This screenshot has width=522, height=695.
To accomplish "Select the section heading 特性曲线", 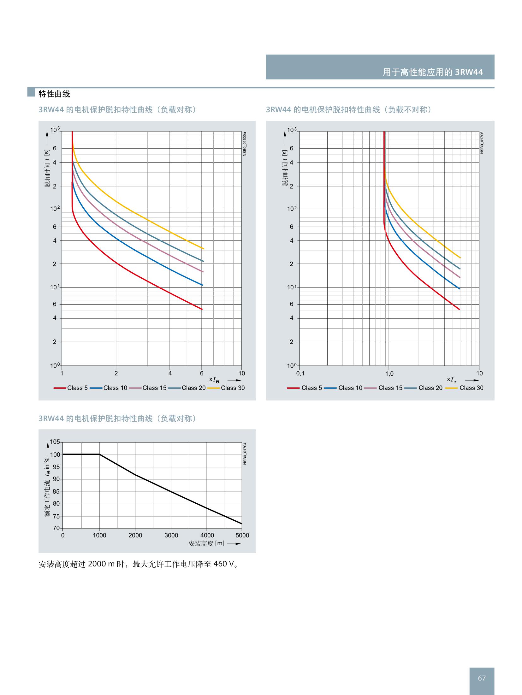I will (x=54, y=94).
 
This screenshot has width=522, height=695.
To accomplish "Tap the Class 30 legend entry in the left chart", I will (x=233, y=388).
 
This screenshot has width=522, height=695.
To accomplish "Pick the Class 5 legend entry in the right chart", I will (x=311, y=388).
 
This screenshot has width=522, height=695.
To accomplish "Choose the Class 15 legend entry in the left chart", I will (x=154, y=388).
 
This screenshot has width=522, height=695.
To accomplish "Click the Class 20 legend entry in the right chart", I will (x=430, y=388).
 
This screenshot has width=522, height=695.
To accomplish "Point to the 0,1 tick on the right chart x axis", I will (x=300, y=374).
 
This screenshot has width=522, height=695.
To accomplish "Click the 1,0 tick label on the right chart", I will (x=389, y=374).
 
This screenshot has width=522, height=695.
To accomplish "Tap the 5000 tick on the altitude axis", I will (x=242, y=535).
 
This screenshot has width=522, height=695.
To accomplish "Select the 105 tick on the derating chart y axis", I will (x=55, y=442).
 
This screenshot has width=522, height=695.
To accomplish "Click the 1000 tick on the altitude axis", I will (x=99, y=535).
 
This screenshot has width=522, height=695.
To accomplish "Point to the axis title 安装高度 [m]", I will (x=206, y=543).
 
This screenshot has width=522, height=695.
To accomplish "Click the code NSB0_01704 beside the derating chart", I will (x=245, y=453).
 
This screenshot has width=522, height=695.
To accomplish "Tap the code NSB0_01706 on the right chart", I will (x=482, y=142).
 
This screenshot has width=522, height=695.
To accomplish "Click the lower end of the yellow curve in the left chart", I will (x=204, y=249).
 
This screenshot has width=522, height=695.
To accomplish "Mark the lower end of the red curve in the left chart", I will (x=202, y=309).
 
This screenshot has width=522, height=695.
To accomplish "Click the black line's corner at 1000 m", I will (x=99, y=454).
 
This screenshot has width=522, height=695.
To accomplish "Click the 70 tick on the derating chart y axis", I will (x=56, y=528).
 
